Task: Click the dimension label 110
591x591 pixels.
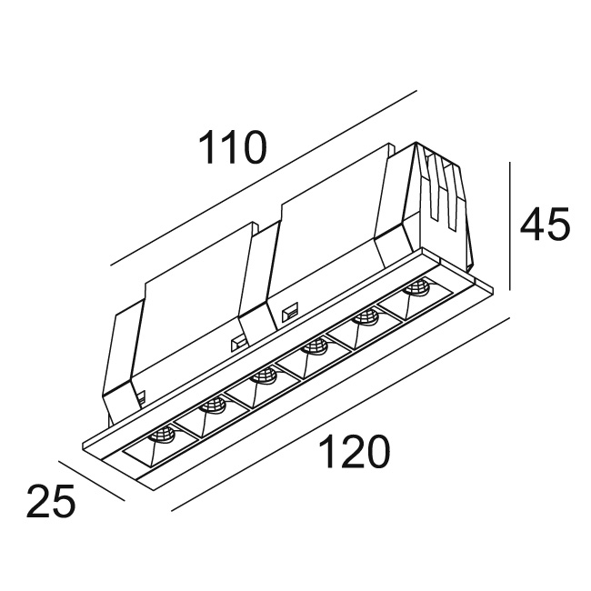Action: click(232, 147)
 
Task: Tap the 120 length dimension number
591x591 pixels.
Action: click(354, 452)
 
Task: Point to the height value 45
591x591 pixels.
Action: click(545, 225)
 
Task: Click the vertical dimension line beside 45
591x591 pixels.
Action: click(510, 226)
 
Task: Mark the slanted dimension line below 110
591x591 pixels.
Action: click(264, 177)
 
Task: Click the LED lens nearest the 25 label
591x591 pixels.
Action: click(163, 436)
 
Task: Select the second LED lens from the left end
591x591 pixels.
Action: click(213, 406)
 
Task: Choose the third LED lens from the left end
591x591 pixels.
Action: click(264, 377)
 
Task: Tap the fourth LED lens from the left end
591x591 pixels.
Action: click(315, 347)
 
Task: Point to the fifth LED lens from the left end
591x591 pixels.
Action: click(365, 317)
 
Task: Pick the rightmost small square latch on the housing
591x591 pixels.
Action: click(291, 311)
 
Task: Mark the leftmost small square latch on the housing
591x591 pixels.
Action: click(141, 397)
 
